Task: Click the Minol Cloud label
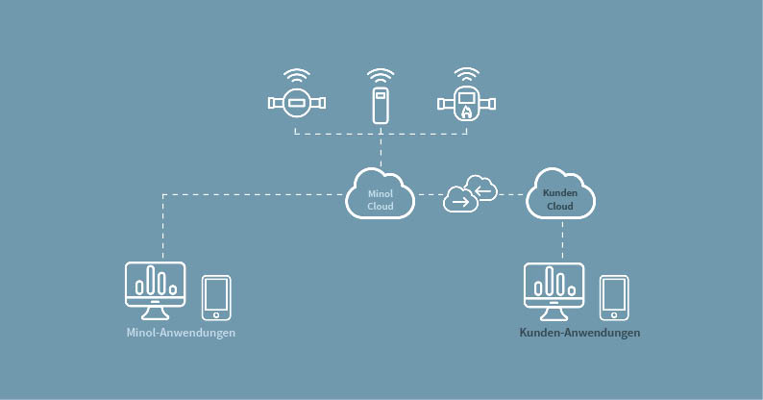[x=381, y=200]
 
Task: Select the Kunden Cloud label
[x=560, y=199]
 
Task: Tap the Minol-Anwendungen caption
[x=181, y=333]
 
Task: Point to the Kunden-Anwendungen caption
[x=579, y=333]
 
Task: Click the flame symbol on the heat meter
[x=466, y=112]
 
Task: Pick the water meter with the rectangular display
[x=297, y=103]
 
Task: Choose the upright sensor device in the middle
[x=381, y=106]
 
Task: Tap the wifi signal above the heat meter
[x=467, y=75]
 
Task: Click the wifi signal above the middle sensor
[x=381, y=76]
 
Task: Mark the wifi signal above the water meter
[x=297, y=76]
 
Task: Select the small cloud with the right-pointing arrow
[x=460, y=199]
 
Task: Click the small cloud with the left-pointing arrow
[x=481, y=188]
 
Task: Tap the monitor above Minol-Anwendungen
[x=156, y=290]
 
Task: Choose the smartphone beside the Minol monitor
[x=216, y=298]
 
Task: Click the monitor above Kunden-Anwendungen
[x=554, y=291]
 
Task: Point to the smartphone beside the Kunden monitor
[x=614, y=298]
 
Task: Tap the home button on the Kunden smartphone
[x=614, y=315]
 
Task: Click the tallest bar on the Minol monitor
[x=151, y=280]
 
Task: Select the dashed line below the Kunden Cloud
[x=562, y=240]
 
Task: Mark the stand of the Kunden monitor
[x=554, y=313]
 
